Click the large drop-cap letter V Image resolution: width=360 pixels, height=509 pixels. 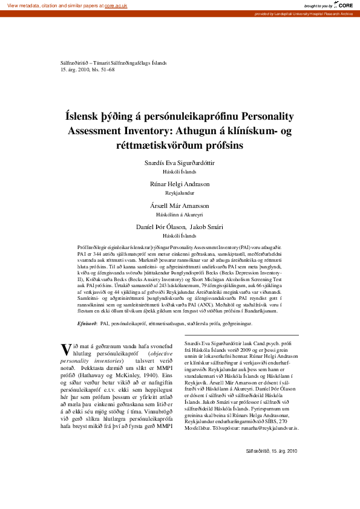[66, 349]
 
